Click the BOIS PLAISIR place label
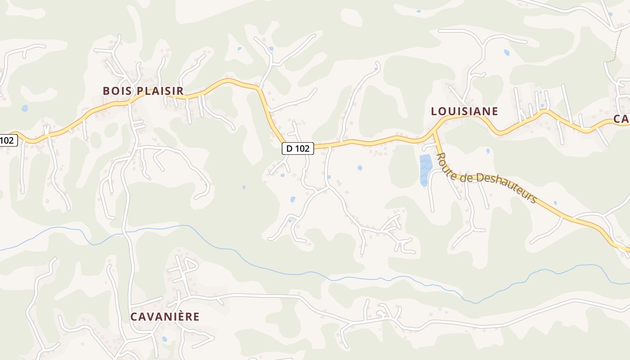(143, 91)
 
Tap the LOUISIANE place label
(464, 111)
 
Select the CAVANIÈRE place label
(165, 316)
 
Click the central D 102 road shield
(298, 148)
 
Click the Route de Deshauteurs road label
(486, 177)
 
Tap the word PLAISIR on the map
(160, 91)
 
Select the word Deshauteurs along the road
(506, 185)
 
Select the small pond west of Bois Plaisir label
(24, 108)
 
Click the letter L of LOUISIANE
(434, 111)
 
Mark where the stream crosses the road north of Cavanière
(127, 232)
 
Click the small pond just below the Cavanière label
(164, 338)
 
